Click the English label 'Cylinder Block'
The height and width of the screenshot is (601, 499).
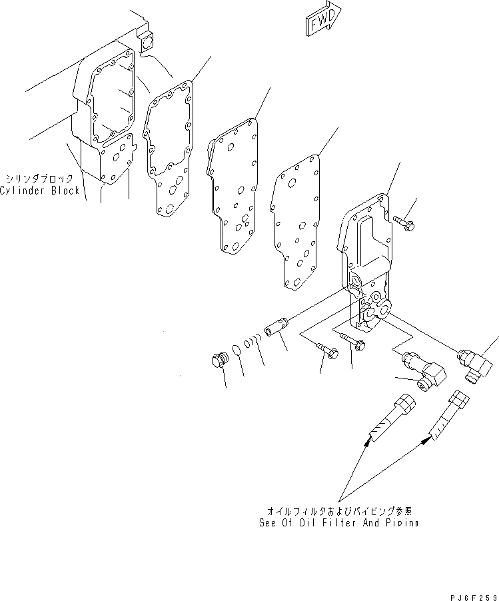point(40,191)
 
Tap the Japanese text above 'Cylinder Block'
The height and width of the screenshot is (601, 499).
point(39,179)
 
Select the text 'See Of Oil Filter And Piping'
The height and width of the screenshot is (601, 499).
point(338,523)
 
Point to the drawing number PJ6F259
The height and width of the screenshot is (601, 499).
point(474,597)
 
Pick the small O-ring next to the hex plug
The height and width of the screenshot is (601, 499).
point(237,350)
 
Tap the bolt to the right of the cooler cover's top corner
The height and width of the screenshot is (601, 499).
point(404,223)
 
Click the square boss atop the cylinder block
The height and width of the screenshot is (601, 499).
point(147,42)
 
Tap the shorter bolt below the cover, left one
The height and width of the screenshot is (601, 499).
point(326,350)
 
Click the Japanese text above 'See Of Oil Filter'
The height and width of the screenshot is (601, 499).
point(339,511)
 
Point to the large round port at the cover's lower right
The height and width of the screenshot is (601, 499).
point(384,308)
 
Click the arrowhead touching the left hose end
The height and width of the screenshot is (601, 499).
point(367,442)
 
